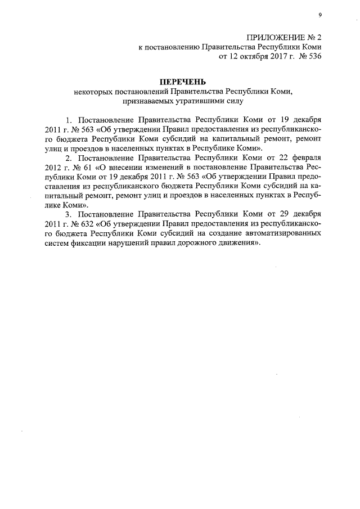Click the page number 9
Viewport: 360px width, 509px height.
[319, 15]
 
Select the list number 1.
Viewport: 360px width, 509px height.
[70, 120]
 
